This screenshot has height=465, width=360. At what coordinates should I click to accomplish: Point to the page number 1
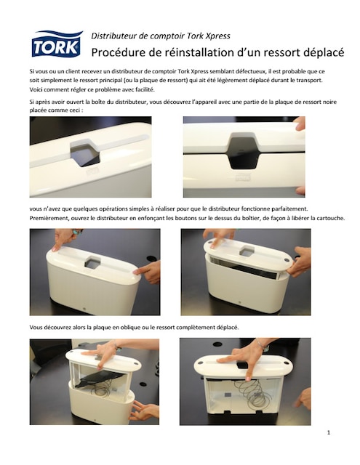pyautogui.click(x=328, y=434)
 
